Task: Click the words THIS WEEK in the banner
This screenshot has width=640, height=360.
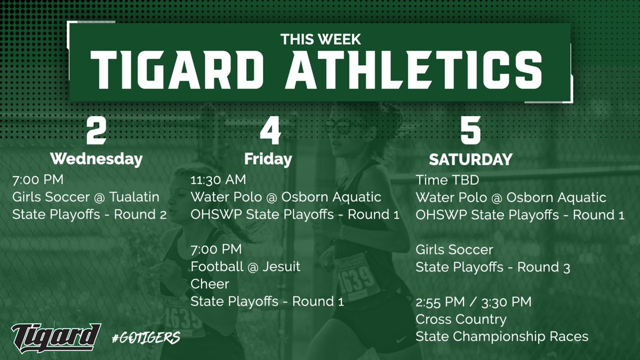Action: click(321, 39)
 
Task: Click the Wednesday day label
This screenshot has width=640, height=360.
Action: click(97, 159)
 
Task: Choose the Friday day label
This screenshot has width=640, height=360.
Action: click(268, 159)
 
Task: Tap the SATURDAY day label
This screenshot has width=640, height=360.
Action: click(471, 159)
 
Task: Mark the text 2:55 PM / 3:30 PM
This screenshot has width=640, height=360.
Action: click(474, 302)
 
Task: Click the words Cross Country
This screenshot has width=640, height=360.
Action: click(461, 319)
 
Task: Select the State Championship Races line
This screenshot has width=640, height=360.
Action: click(502, 337)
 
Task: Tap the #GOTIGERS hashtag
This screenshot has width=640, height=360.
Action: click(146, 338)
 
